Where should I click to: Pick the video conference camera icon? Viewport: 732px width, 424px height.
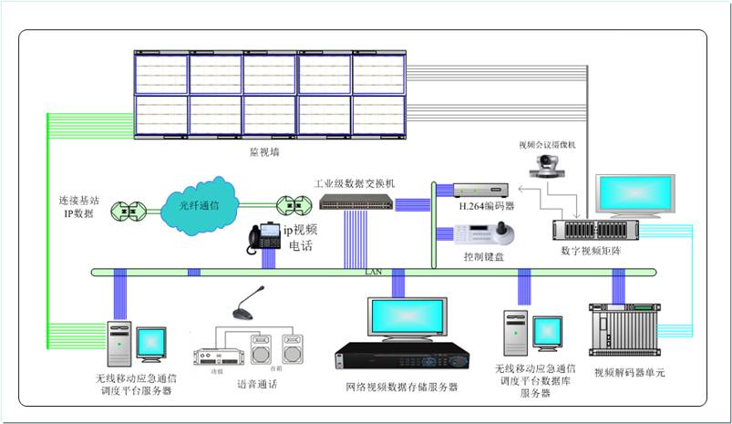(x=547, y=167)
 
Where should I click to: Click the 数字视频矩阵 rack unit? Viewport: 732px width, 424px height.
(x=595, y=229)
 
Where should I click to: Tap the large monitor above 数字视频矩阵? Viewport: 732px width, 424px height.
(x=635, y=194)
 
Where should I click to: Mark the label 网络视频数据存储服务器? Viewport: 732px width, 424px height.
(x=402, y=388)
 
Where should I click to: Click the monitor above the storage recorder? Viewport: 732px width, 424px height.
(x=407, y=318)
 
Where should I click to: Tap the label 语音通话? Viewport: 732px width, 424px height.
(x=257, y=384)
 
